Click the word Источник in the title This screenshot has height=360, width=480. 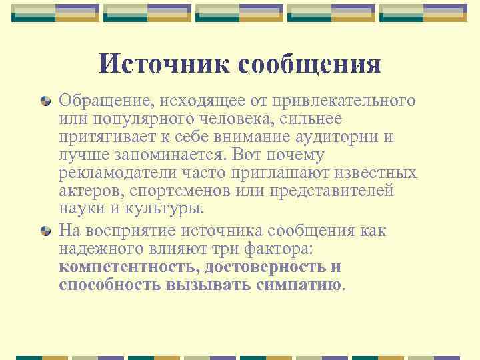click(163, 64)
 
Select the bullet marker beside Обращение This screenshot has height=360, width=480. click(45, 101)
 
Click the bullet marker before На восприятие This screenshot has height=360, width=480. click(45, 231)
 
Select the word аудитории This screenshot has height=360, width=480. click(336, 137)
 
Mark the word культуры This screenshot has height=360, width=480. click(166, 209)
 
